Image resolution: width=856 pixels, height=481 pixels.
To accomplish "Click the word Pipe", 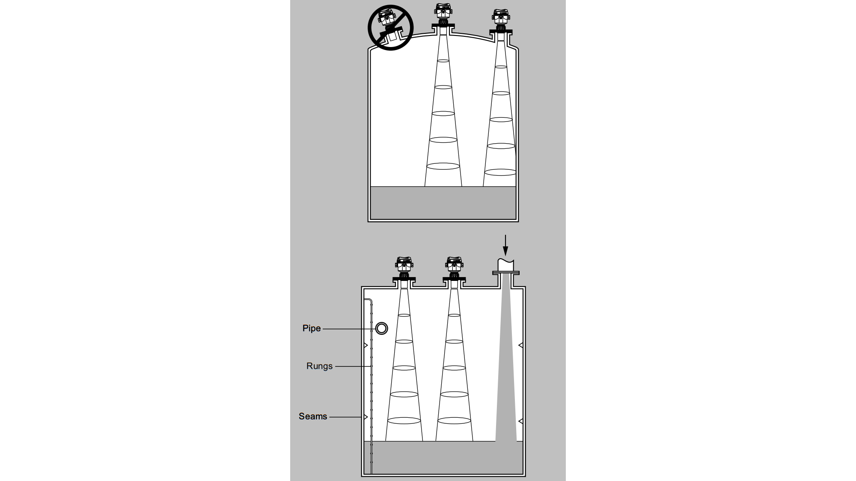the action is (312, 328).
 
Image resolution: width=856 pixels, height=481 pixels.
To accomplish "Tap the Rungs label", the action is (319, 366).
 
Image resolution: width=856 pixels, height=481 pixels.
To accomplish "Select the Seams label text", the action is (313, 416).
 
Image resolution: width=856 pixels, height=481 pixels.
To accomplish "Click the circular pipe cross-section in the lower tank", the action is (381, 328).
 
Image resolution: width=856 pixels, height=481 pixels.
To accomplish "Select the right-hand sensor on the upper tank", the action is (501, 21).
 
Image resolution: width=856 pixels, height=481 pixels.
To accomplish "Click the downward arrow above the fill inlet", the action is (505, 245).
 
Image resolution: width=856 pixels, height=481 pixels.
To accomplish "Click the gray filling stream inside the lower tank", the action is (506, 363).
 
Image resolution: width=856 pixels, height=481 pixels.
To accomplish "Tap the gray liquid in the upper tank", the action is (443, 203).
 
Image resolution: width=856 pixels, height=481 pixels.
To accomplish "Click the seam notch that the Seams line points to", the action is (366, 417).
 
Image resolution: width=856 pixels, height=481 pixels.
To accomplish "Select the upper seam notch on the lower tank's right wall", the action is (520, 345).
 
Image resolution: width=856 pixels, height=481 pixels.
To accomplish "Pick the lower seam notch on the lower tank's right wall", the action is (520, 421).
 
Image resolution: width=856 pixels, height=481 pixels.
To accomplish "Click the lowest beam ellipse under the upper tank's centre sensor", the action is (443, 166).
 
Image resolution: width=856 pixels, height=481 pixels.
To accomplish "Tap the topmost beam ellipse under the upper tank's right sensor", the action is (501, 67).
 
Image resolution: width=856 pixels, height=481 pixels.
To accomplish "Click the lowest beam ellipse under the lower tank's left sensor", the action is (404, 421).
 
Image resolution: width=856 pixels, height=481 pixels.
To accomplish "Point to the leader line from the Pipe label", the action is (349, 329).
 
